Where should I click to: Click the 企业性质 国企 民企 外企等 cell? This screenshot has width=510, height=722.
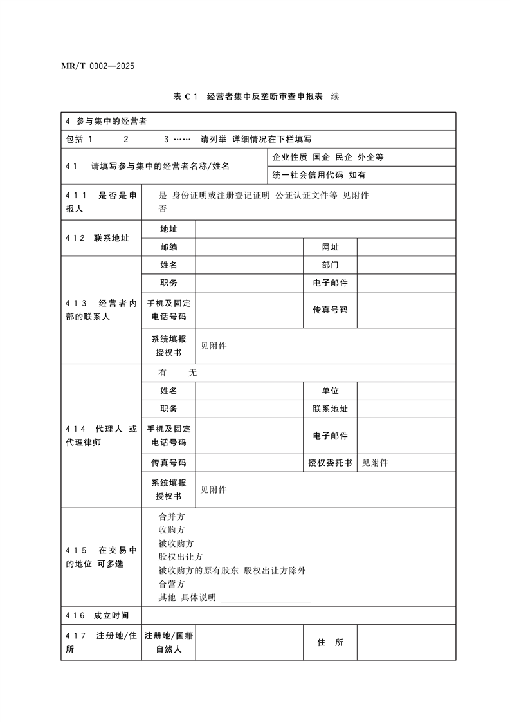coord(328,157)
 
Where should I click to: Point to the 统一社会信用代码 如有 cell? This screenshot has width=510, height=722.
coord(320,174)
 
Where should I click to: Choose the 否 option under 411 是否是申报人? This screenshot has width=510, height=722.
coord(163,209)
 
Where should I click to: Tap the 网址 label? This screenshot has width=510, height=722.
coord(330,247)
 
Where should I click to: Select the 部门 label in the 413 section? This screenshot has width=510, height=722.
coord(330,265)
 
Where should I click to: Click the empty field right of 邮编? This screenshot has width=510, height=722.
coord(250,247)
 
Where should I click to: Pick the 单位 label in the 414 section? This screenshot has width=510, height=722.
coord(330,391)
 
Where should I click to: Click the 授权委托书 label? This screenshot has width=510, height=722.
coord(330,463)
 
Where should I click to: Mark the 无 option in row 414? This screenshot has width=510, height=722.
coord(192,373)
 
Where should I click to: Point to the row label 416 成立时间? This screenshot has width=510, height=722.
coord(97,616)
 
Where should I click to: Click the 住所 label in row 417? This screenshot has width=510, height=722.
coord(330,643)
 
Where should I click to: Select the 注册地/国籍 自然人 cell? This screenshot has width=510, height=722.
coord(168,643)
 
